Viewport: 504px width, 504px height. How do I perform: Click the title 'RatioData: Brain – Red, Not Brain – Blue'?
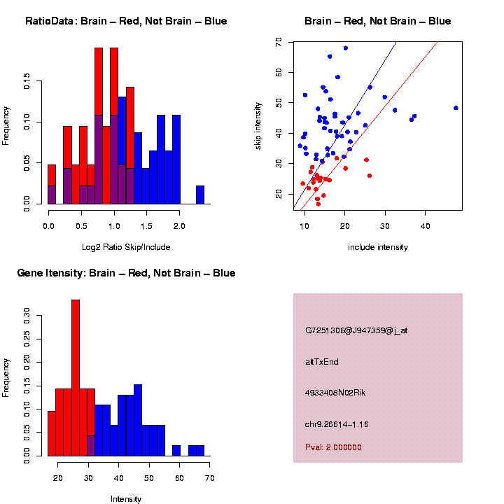[x=126, y=21]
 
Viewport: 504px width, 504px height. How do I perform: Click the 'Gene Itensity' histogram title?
[x=126, y=273]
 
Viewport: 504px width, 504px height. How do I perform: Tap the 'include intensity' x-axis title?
[x=378, y=247]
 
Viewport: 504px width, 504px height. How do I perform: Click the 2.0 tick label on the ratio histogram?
[x=179, y=226]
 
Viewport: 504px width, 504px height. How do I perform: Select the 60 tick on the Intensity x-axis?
[x=179, y=478]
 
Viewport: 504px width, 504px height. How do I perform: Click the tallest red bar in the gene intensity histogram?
[x=76, y=378]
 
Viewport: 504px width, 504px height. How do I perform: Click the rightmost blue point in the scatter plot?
[x=456, y=108]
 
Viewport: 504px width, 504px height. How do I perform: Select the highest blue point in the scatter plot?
[x=346, y=48]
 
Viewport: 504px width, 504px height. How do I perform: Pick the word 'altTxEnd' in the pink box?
[x=322, y=362]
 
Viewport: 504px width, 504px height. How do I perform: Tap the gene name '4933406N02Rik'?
[x=335, y=393]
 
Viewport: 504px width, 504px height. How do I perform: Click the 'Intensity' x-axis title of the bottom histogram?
[x=126, y=499]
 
